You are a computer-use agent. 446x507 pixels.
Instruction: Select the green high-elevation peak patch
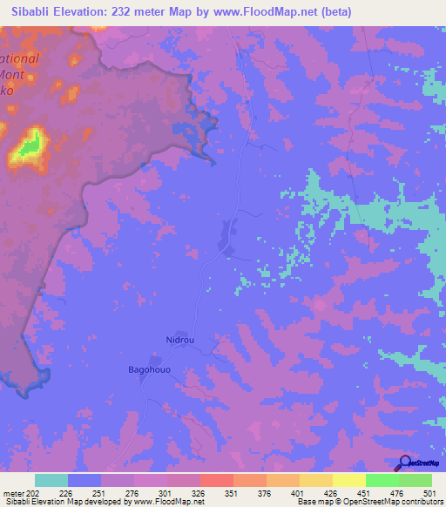coord(29,146)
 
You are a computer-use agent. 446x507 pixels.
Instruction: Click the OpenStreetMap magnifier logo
coord(404,463)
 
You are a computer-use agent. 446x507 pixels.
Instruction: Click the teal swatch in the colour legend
coord(51,480)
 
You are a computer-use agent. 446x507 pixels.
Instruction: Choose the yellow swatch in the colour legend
coord(348,480)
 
